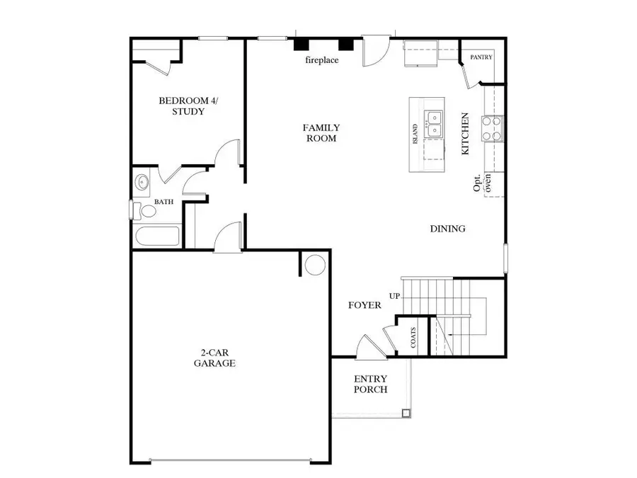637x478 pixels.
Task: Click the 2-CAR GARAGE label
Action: coord(214,357)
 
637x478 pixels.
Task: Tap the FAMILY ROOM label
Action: coord(321,133)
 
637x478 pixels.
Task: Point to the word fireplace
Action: coord(321,60)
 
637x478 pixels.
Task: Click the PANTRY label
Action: coord(481,57)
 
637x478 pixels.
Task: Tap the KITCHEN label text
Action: coord(465,134)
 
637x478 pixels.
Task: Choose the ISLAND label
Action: coord(415,135)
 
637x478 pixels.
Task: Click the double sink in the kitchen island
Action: coord(433,125)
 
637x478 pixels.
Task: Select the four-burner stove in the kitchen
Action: coord(493,128)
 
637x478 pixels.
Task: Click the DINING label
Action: coord(447,229)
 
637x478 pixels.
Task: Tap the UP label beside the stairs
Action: coord(394,295)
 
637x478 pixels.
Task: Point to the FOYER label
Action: coord(365,305)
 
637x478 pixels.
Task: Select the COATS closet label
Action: coord(413,338)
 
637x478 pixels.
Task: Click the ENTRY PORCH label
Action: coord(370,385)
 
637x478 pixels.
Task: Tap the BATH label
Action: coord(164,202)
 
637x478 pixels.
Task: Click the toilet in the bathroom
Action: coord(147,210)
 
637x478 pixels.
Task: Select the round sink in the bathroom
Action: coord(143,182)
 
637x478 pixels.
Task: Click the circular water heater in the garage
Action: coord(315,265)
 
